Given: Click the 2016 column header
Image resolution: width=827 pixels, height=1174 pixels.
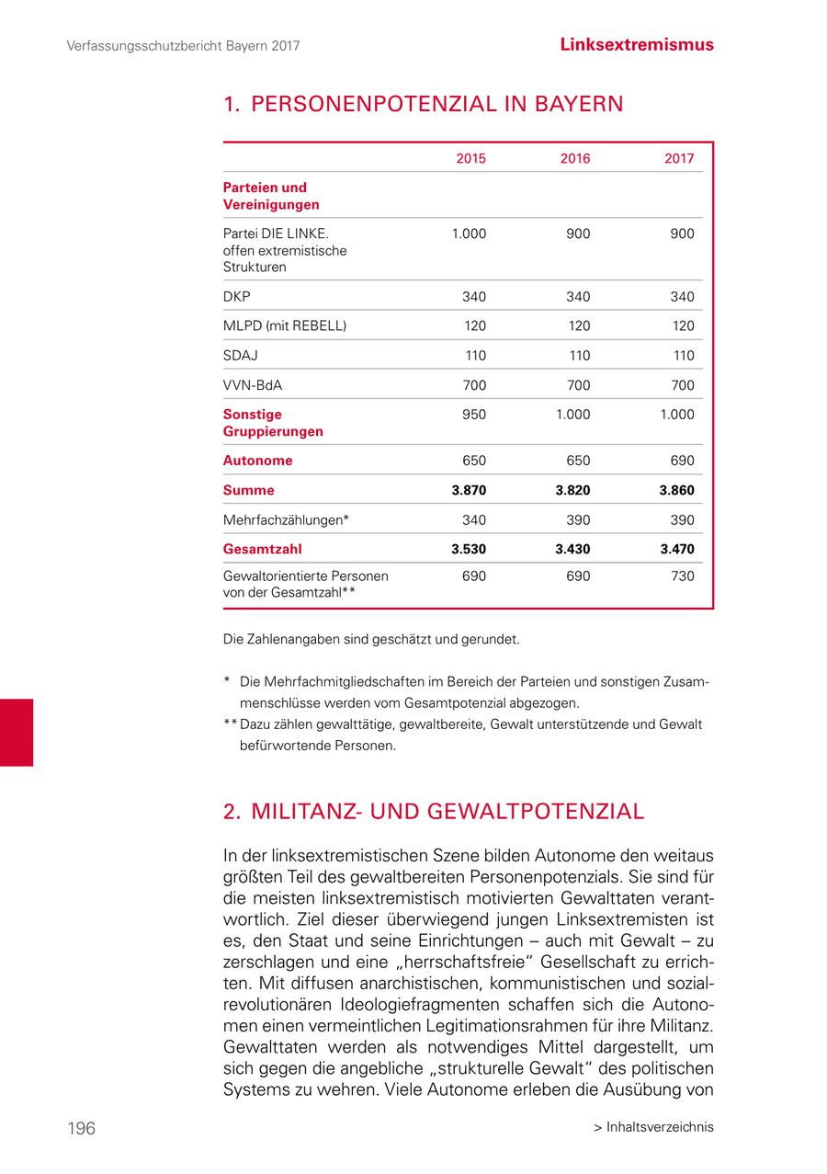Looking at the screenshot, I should (x=575, y=158).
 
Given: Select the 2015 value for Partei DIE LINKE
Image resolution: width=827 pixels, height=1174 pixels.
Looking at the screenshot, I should (x=469, y=234).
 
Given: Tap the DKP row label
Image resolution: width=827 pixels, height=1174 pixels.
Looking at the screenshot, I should (x=236, y=296).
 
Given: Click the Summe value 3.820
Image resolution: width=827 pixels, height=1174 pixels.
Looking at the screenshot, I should (x=572, y=490).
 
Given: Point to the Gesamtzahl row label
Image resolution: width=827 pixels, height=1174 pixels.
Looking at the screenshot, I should (x=262, y=549).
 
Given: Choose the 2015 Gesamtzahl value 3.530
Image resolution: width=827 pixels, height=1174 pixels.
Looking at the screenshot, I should (x=469, y=549).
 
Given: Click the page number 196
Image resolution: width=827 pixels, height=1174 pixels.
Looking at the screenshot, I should (x=81, y=1128).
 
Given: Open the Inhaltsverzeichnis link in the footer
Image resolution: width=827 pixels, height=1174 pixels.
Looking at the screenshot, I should (x=653, y=1127).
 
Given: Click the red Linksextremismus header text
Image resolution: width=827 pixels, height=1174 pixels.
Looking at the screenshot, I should (x=637, y=44).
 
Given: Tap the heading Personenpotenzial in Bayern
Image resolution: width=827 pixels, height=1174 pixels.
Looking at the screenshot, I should (x=423, y=104).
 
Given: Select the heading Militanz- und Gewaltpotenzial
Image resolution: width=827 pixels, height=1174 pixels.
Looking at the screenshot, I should (x=434, y=812).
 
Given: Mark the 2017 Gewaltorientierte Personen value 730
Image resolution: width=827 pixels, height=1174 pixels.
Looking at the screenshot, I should (x=682, y=576).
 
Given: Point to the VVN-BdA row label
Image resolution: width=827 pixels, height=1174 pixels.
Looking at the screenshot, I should (x=253, y=385).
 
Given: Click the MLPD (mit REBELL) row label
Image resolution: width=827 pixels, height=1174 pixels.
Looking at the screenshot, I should (x=285, y=325).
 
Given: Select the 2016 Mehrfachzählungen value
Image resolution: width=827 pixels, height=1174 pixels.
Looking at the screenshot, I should (x=578, y=519).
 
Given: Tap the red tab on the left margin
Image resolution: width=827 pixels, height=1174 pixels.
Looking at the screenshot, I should (x=17, y=732).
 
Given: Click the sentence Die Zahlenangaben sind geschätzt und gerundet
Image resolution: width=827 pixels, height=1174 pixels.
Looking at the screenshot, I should (x=371, y=638).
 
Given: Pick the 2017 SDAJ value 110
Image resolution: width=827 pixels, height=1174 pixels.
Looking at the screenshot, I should (x=683, y=356).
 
